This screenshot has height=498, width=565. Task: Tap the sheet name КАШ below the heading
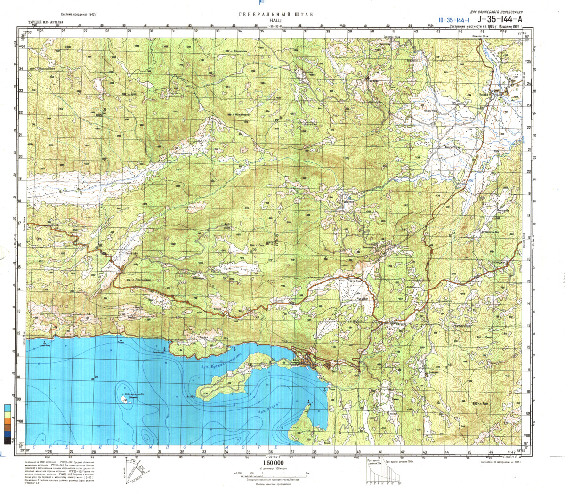(x=276, y=21)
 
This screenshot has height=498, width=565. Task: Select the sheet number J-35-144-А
(x=500, y=19)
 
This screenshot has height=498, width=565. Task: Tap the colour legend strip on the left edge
(x=8, y=424)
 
